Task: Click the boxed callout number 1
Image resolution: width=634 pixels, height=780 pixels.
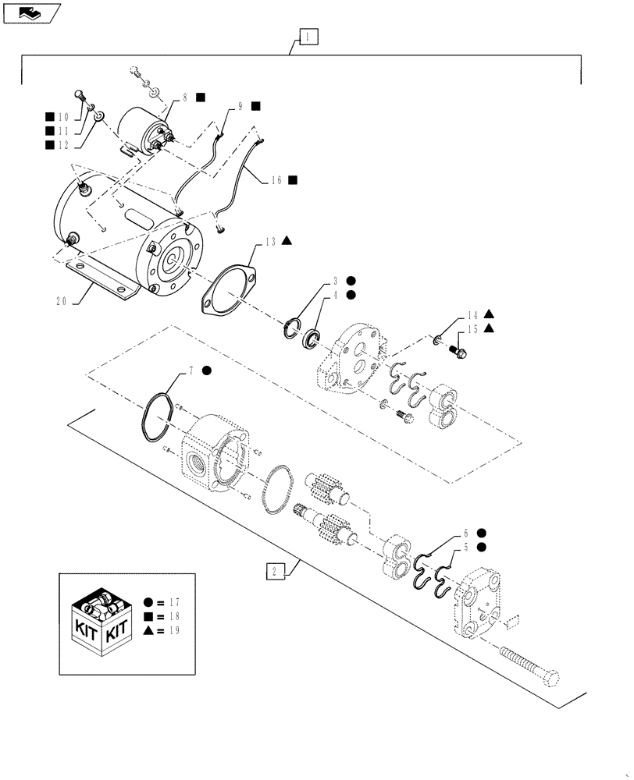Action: point(308,37)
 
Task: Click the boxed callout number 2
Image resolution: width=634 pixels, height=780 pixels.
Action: point(274,572)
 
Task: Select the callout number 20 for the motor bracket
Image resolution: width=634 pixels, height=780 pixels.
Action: point(62,303)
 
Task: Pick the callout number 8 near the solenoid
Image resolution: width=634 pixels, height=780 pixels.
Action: point(185,97)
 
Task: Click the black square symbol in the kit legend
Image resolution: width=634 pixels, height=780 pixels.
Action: point(148,616)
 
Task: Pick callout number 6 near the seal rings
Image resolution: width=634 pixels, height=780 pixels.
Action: point(467,533)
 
